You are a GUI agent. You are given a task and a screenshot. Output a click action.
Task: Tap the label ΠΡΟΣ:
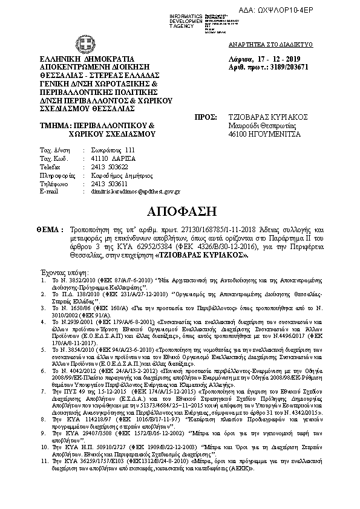tap(205, 117)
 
